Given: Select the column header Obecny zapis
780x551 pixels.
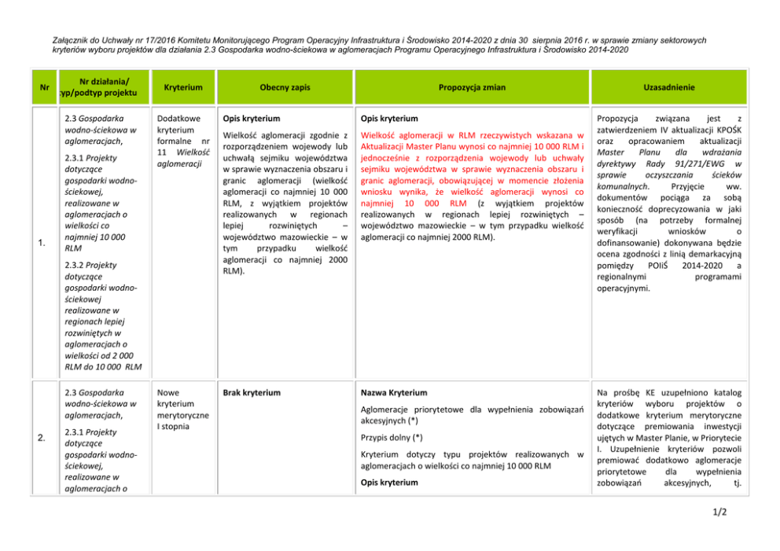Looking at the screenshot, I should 285,87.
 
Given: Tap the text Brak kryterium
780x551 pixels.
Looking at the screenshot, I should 251,391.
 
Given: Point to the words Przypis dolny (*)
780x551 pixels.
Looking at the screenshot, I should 391,437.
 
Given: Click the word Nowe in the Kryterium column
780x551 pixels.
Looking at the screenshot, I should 168,391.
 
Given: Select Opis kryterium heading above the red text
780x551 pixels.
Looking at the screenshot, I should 389,118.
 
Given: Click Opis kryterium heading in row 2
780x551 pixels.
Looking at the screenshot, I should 389,482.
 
